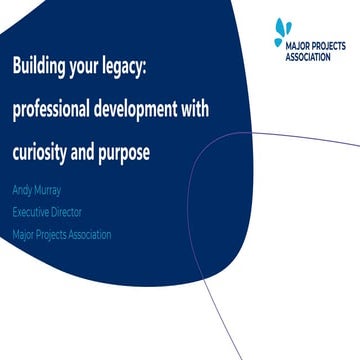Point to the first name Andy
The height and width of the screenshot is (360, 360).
[x=23, y=189]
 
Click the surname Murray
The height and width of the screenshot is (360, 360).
[x=51, y=189]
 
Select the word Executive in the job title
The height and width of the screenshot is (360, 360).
[x=32, y=212]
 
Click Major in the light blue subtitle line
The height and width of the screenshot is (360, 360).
[x=24, y=235]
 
